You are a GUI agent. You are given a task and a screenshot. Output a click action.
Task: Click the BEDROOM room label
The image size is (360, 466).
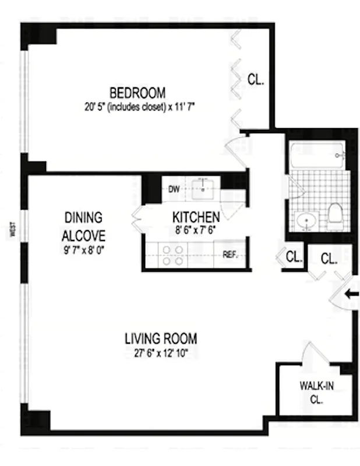pos(137,93)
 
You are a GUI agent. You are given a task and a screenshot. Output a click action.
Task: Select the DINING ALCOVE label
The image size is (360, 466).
pos(84,227)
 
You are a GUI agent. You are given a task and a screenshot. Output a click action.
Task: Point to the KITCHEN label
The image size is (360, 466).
pos(196,217)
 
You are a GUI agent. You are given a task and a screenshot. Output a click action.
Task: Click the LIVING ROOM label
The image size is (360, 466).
pos(161,338)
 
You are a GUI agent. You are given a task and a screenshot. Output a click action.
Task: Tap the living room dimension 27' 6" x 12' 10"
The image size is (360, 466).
pos(161,352)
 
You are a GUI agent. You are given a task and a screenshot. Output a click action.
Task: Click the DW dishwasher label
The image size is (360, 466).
pos(173,189)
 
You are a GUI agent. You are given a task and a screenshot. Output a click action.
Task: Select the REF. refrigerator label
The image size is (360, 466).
pos(230,255)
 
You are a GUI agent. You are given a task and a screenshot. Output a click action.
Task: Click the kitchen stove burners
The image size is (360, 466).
pos(172,255)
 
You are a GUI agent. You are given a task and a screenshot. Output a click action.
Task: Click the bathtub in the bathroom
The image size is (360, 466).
pos(317,156)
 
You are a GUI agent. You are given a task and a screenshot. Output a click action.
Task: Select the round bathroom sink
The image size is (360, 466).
pos(307,221)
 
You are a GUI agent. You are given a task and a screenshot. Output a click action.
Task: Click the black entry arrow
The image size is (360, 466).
pos(351,295)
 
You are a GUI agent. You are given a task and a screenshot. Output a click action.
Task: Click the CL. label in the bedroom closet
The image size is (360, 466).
pos(256,80)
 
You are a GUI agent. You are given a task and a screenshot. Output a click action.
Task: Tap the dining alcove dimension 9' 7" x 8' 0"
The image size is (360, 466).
pos(84,251)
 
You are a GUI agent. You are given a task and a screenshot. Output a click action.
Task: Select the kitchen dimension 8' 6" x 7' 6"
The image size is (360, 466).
pos(196,230)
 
